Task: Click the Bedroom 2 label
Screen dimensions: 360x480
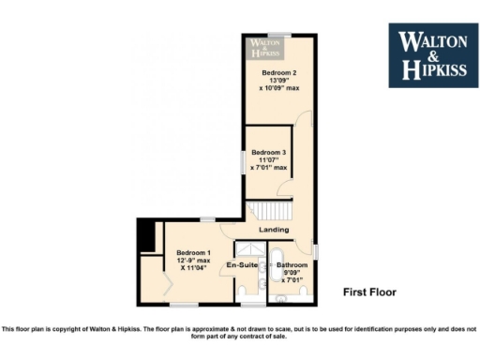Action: tap(279, 73)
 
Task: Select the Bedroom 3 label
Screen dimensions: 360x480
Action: tap(269, 152)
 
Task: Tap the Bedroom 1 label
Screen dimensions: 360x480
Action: tap(193, 252)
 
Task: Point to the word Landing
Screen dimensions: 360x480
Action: tap(275, 230)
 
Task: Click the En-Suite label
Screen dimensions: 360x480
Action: tap(243, 266)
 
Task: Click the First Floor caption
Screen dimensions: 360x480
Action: tap(369, 292)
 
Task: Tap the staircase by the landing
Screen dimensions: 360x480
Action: tap(268, 210)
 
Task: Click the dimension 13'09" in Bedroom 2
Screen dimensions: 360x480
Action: tap(279, 82)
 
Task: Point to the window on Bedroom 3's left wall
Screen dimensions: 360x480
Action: tap(242, 160)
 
